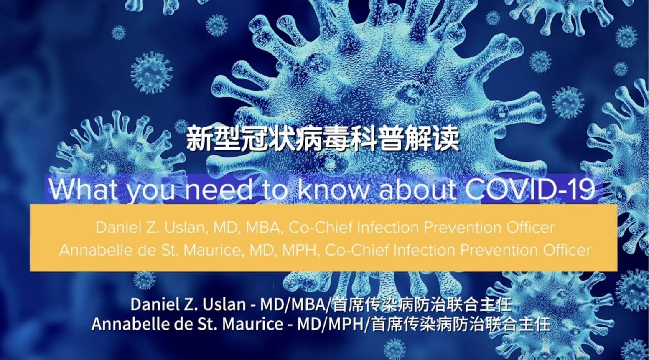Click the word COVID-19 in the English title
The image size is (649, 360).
(530, 190)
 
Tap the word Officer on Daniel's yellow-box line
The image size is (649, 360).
(530, 228)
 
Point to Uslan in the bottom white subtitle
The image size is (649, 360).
(224, 304)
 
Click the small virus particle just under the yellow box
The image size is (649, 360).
(144, 280)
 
